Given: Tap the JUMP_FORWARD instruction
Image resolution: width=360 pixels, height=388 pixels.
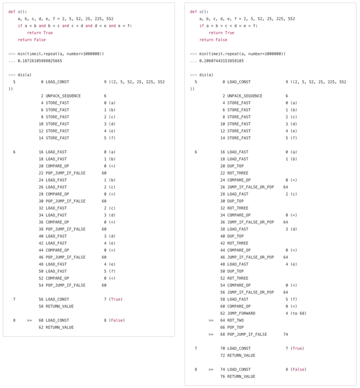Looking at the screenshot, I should tap(241, 313).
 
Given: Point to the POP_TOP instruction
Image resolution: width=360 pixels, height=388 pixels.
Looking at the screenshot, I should tap(236, 327).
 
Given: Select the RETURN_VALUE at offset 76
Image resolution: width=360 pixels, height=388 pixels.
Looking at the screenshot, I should tap(241, 376).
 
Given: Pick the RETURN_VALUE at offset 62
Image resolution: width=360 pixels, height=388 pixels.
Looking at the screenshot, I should tap(59, 327).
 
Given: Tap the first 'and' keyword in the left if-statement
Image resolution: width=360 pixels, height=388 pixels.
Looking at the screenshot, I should tap(42, 26).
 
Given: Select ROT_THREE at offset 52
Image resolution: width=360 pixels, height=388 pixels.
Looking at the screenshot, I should tap(237, 278).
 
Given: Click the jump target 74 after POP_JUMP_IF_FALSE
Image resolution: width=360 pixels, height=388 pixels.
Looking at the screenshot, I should tap(285, 334).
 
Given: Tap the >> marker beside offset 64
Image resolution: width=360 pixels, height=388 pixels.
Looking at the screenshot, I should tap(210, 320).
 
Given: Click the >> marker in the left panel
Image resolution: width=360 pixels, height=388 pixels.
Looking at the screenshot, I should tap(29, 320).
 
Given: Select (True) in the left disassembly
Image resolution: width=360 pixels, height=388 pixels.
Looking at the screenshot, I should tap(115, 299).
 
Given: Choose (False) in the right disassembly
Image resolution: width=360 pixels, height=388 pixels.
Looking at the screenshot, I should tap(298, 369).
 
